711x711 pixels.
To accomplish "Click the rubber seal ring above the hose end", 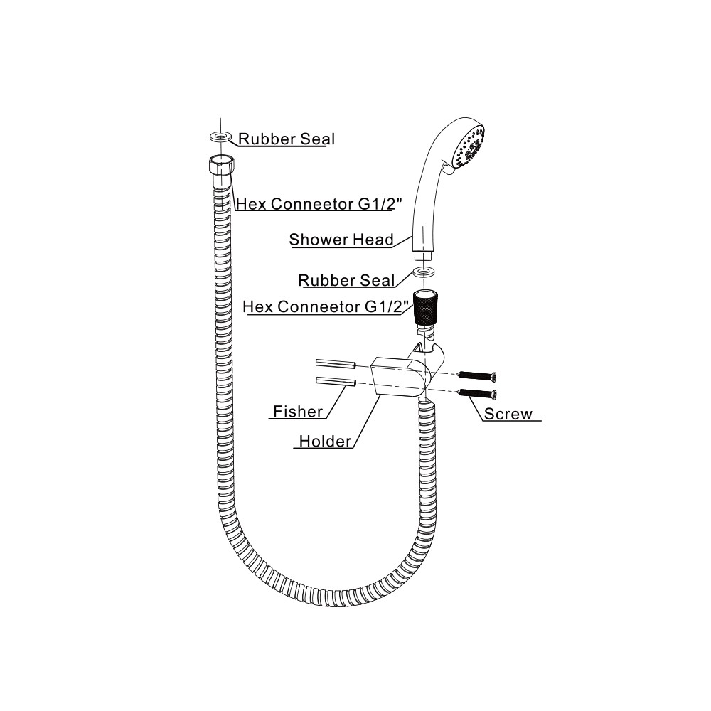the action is (x=220, y=134).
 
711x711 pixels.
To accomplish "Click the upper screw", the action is (x=478, y=375).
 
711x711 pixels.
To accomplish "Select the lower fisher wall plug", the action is (x=336, y=382).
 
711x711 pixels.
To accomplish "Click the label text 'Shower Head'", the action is (x=341, y=240).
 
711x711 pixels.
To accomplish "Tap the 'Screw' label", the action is (x=508, y=414).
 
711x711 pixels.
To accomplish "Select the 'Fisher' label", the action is (x=298, y=411).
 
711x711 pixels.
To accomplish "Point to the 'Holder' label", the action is (x=325, y=442).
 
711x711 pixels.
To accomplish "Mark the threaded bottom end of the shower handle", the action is (x=424, y=253).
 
